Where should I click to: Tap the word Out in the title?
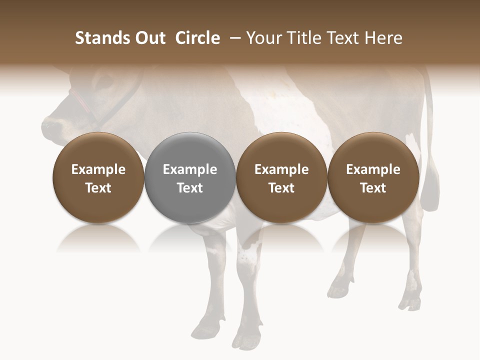[x=149, y=38]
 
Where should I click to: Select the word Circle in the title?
[x=197, y=38]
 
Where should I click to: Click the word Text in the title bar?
[x=344, y=38]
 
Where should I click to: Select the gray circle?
[x=190, y=178]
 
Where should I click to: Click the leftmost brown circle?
[x=98, y=178]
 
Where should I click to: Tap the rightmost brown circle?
[x=373, y=178]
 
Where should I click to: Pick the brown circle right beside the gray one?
[x=281, y=178]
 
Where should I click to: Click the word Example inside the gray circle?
[x=190, y=169]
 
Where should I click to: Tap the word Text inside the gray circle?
[x=190, y=188]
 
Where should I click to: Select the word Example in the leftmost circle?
[x=98, y=169]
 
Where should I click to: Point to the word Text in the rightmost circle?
[x=373, y=188]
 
